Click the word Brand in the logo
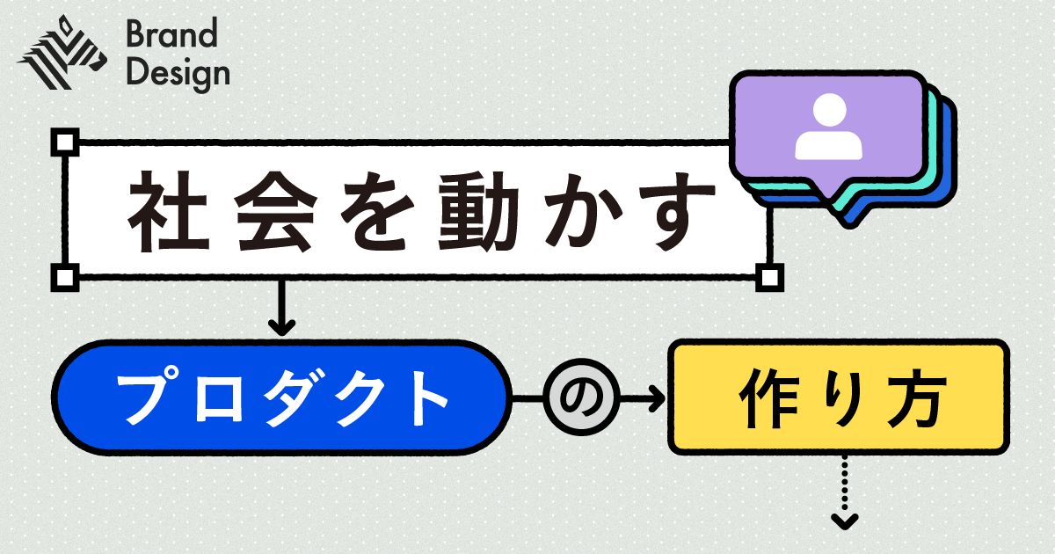pos(171,36)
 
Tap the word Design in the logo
pos(177,74)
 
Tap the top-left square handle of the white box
pos(66,142)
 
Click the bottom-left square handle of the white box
pos(66,277)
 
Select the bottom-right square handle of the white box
pos(769,277)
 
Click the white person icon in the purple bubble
pos(826,128)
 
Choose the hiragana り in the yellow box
pos(841,400)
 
